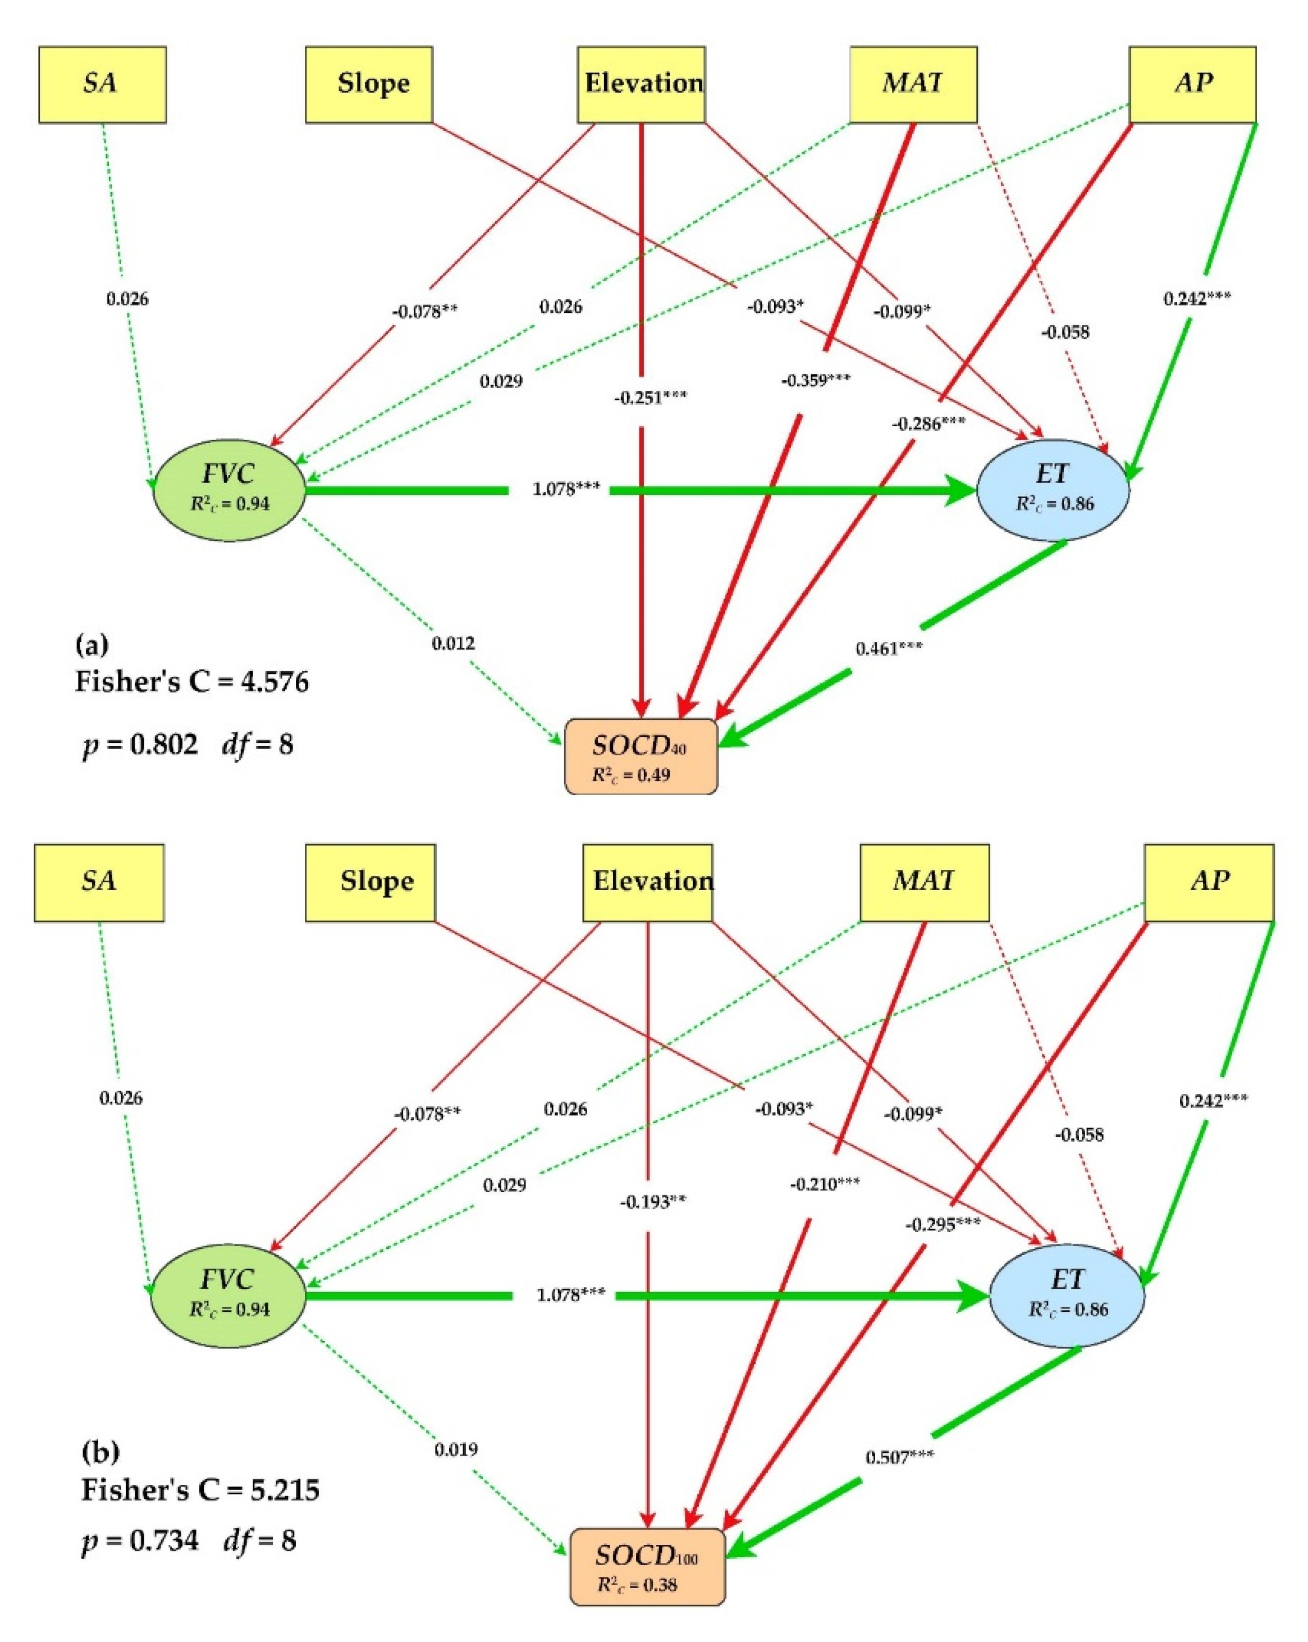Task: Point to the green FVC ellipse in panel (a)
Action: coord(229,488)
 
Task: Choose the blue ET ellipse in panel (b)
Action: coord(1066,1296)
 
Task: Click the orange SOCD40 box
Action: coord(641,756)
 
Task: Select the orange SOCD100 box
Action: coord(647,1565)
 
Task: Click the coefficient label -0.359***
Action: coord(816,380)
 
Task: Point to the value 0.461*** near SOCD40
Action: coord(889,649)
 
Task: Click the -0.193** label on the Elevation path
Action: coord(652,1201)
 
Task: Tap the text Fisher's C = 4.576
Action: coord(192,681)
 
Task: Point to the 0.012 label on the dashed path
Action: coord(453,644)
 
